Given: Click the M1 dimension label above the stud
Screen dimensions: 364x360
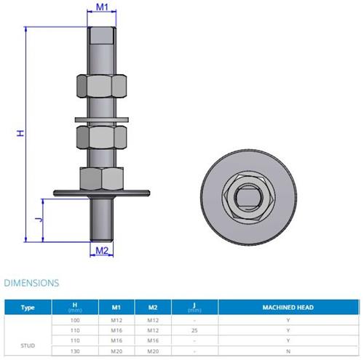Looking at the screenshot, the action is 102,7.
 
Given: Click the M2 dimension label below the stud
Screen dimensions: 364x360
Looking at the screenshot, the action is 102,250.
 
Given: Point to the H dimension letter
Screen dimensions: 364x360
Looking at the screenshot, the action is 20,133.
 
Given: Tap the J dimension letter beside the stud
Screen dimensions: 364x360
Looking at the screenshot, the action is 39,220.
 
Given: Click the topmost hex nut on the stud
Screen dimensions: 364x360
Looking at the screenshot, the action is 102,87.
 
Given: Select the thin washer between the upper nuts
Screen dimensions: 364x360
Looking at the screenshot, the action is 102,120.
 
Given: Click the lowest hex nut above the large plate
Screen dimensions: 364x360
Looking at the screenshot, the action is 102,179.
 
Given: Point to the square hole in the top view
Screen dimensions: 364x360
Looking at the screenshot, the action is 249,197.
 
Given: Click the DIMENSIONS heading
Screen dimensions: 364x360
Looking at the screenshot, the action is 31,283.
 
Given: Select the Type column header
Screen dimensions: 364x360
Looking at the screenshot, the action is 28,308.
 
